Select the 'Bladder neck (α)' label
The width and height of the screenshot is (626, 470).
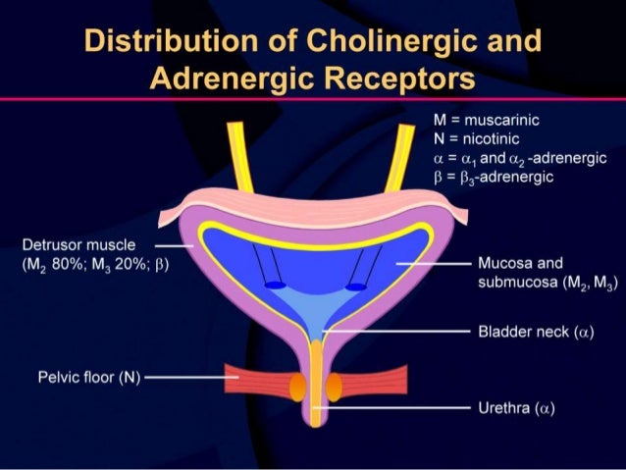pos(536,333)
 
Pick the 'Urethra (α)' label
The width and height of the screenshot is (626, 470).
pos(516,407)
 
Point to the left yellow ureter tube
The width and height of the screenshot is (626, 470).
pos(239,157)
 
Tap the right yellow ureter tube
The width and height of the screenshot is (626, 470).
pos(399,157)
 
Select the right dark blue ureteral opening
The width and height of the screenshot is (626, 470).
pos(356,286)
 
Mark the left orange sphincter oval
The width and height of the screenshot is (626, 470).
pos(297,388)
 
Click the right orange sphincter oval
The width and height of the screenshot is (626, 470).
pos(333,388)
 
